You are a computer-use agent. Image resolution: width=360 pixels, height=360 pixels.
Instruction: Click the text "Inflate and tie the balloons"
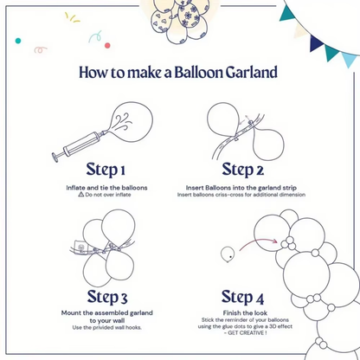click(106, 187)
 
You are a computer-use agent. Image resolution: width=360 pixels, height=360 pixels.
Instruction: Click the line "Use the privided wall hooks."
click(106, 328)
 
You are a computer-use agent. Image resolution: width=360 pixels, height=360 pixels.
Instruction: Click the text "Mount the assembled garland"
click(106, 312)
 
